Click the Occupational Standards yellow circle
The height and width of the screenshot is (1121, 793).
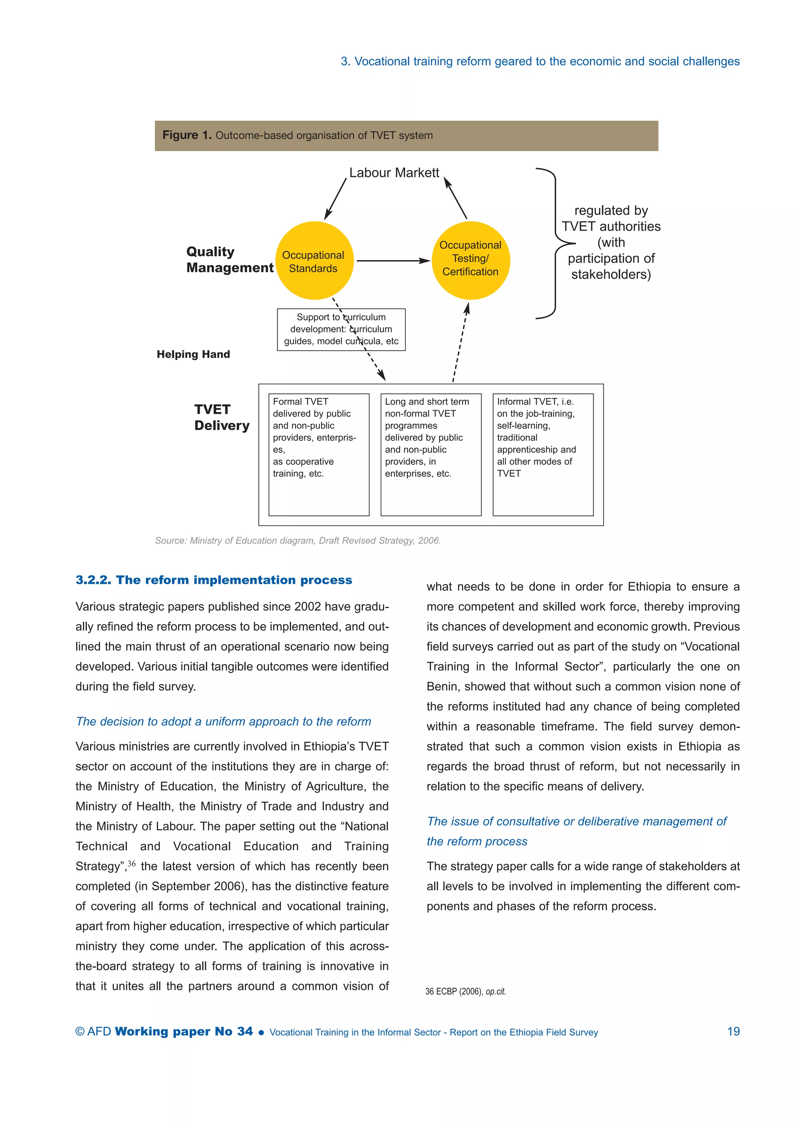[314, 261]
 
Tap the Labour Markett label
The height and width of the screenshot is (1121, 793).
[394, 173]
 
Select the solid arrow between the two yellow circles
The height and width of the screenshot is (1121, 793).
[393, 261]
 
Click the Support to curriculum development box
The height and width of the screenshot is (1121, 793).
[341, 329]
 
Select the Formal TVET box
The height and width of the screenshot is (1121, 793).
[319, 454]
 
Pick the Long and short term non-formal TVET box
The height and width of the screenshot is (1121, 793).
[431, 454]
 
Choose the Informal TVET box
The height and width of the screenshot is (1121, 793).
[542, 454]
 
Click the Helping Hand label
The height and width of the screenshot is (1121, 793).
[193, 355]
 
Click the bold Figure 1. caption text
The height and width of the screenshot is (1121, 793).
[187, 135]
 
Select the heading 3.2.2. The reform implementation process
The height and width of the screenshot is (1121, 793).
[213, 580]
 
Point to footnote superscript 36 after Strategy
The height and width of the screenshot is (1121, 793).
[131, 864]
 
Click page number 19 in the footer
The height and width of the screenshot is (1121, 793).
[733, 1031]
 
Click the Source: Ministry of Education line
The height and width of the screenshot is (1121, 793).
[297, 540]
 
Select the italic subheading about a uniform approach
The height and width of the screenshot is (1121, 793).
[223, 722]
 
